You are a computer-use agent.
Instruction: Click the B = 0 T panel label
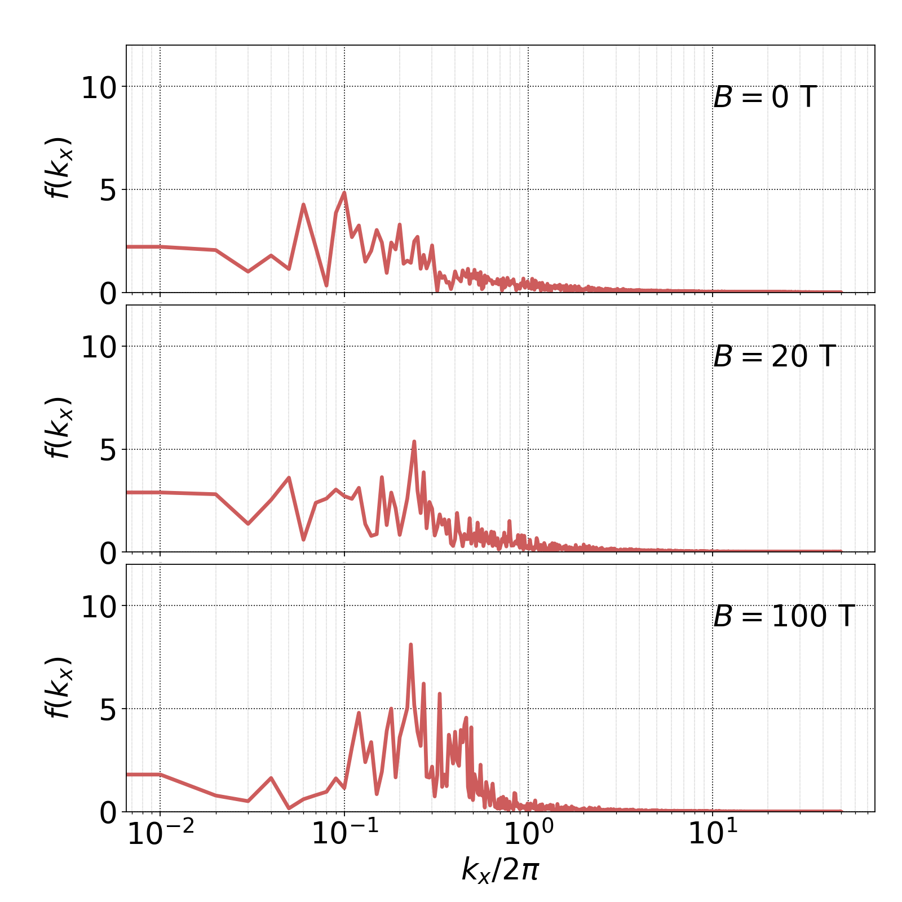coord(764,98)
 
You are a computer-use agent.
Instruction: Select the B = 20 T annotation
coord(773,357)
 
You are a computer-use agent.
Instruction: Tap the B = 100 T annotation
coord(784,616)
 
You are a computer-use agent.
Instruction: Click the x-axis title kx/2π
coord(500,869)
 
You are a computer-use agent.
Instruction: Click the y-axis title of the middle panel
coord(58,427)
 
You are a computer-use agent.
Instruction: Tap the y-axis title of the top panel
coord(58,168)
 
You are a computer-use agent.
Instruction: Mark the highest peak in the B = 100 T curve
coord(411,644)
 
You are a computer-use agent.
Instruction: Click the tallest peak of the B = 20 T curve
coord(414,442)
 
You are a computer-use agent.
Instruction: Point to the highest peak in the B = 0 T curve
coord(344,193)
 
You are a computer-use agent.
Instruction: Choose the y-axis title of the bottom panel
coord(58,688)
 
